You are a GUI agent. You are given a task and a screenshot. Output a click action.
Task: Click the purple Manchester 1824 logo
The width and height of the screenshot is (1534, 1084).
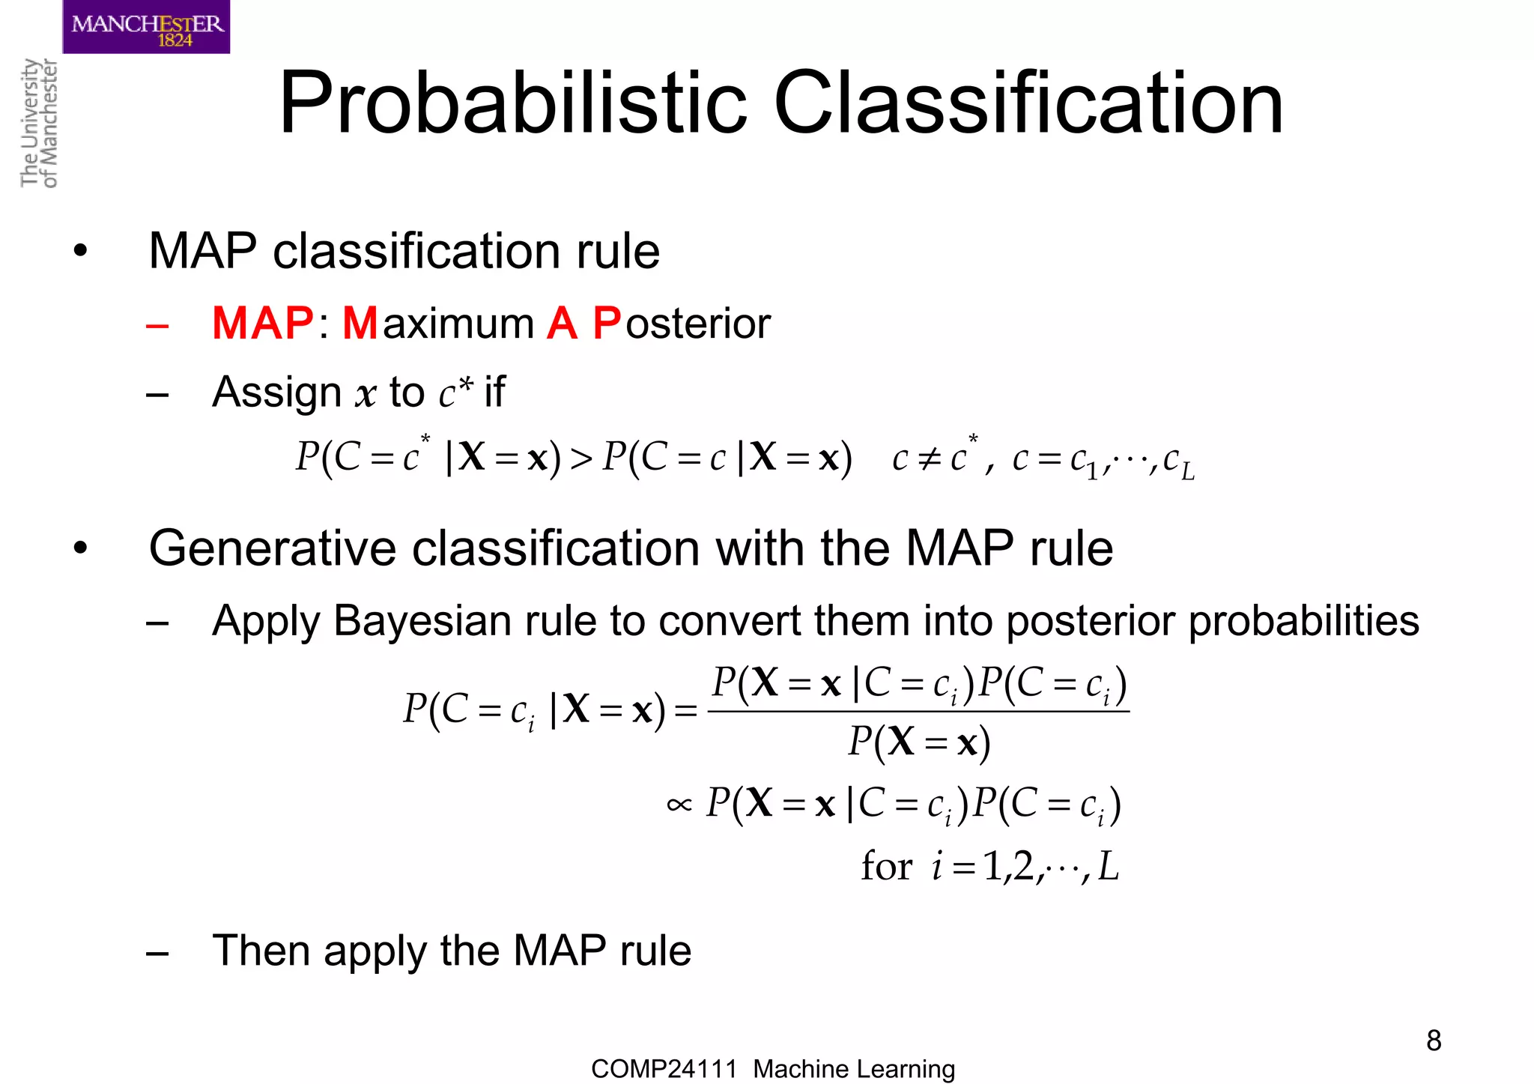[146, 27]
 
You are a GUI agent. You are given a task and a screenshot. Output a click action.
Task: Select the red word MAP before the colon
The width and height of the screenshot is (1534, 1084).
[262, 324]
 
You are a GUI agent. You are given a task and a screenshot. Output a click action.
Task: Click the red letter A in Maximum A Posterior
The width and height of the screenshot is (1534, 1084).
[562, 324]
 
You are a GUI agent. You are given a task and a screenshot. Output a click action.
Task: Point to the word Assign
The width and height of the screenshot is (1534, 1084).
[276, 392]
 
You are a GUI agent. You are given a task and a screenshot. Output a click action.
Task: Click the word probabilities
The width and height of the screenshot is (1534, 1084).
[1303, 621]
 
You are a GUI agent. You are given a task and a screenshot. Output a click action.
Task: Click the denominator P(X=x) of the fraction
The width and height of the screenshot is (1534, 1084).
[919, 742]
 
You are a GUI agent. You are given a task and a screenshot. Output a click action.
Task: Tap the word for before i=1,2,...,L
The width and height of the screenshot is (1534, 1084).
[886, 867]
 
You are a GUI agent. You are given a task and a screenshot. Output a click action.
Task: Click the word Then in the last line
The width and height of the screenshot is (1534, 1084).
[261, 951]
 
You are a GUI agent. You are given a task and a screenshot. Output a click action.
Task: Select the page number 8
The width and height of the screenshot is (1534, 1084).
[1434, 1041]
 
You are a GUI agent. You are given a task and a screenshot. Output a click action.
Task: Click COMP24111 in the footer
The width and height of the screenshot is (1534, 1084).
[664, 1069]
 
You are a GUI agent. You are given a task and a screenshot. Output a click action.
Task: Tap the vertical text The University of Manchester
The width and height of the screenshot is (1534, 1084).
[38, 123]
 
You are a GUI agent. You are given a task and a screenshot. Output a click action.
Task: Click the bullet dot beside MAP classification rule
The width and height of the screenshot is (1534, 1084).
[80, 251]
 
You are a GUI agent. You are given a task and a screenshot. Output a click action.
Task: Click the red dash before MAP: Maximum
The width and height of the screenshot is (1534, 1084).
[157, 326]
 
